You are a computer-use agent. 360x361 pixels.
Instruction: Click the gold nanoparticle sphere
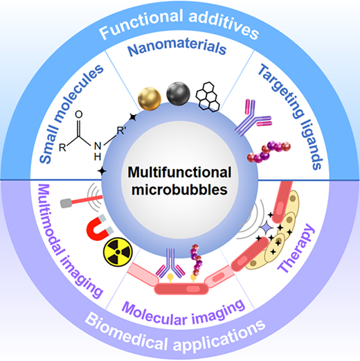[150, 99]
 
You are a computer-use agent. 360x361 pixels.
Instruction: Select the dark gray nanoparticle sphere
[178, 94]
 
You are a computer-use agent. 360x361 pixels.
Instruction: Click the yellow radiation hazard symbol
[118, 252]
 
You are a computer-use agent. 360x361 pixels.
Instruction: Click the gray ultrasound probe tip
[66, 204]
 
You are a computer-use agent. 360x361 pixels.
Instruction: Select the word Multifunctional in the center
[179, 173]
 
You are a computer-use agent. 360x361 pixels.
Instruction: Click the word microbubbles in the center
[179, 190]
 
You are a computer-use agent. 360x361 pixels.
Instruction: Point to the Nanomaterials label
[177, 47]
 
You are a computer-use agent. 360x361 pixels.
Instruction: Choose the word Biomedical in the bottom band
[126, 332]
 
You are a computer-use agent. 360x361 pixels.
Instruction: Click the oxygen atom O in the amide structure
[79, 114]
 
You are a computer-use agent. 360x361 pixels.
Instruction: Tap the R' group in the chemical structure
[121, 131]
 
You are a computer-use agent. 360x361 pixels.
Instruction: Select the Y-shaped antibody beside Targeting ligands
[253, 118]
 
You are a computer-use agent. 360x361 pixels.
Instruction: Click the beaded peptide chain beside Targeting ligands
[269, 152]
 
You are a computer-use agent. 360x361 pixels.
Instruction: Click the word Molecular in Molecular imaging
[154, 314]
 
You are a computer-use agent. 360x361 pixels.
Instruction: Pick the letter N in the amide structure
[98, 146]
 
